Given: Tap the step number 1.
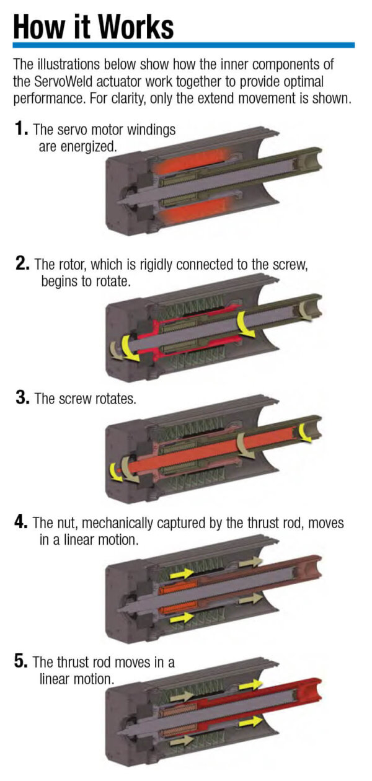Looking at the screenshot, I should pyautogui.click(x=22, y=129).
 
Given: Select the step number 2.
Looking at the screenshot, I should pyautogui.click(x=23, y=264).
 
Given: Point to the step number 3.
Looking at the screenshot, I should pyautogui.click(x=23, y=398).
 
